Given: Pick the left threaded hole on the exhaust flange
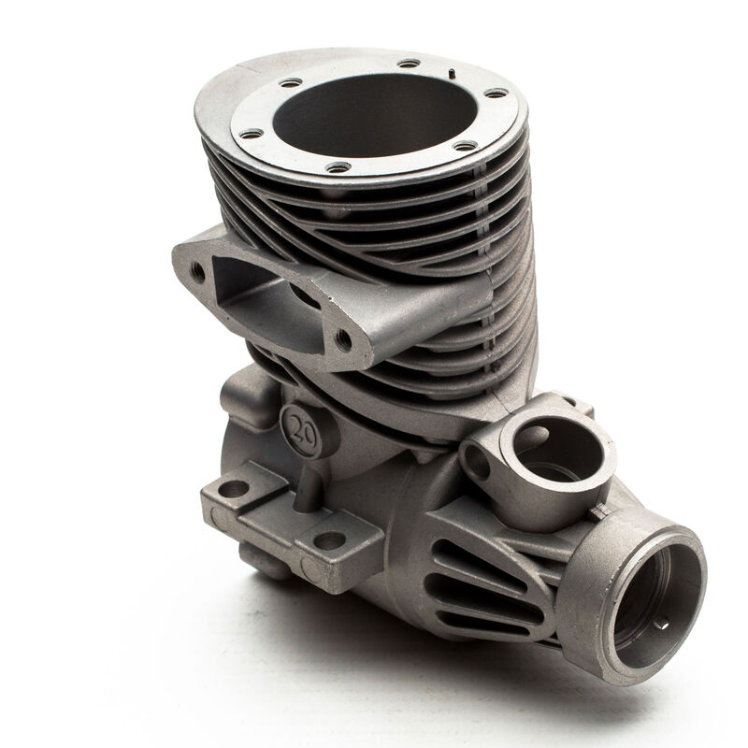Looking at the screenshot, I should coord(198,271).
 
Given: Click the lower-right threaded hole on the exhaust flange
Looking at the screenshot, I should coord(343,339).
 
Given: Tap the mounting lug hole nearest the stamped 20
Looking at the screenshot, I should coord(233,488).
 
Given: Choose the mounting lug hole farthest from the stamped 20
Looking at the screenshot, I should coord(328,540).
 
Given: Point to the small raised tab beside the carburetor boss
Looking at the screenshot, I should coord(598,510).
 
